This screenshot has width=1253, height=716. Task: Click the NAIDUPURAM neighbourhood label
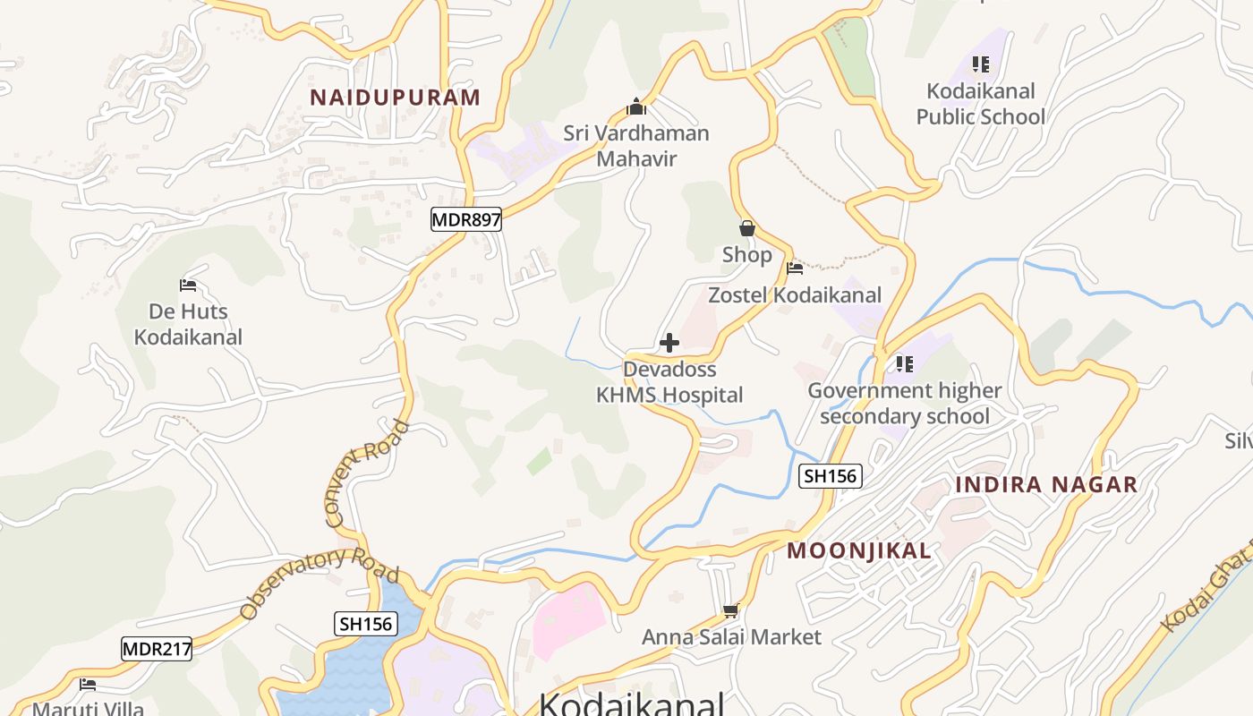point(395,98)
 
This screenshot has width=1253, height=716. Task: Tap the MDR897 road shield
point(465,219)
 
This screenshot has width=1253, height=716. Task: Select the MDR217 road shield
point(157,649)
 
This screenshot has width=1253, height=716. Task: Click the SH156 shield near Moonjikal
point(831,476)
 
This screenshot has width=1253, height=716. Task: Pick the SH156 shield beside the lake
point(366,624)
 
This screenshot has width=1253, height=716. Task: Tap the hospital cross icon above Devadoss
point(669,343)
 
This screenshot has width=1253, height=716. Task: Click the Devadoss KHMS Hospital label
point(669,382)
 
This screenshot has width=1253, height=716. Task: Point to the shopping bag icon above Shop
point(747,229)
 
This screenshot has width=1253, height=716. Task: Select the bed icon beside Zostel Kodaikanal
point(794,268)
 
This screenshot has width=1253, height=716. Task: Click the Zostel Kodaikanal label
point(795,294)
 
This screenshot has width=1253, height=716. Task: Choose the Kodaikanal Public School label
point(981,104)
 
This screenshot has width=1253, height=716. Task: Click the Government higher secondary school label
point(905,404)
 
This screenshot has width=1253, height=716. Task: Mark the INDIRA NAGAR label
point(1046,485)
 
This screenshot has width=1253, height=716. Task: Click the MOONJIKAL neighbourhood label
point(859,551)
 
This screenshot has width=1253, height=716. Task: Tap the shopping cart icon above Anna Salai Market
point(730,611)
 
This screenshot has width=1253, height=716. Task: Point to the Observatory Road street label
point(319,583)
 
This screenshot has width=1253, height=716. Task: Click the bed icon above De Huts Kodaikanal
point(188,286)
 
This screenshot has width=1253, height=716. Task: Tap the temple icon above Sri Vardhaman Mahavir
point(636,107)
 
